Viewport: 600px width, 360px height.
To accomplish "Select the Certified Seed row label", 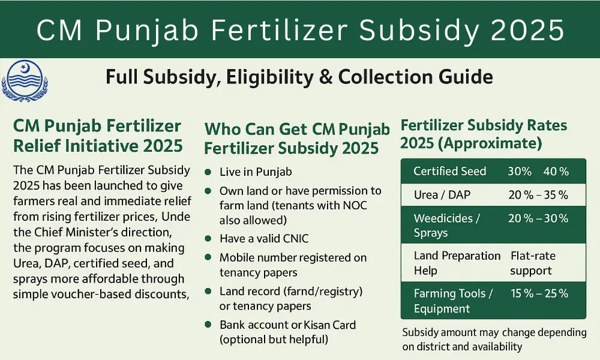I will coord(449,172).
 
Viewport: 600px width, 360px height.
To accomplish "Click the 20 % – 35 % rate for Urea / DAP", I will coord(538,195).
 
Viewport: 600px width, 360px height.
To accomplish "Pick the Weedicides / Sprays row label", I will coord(446,226).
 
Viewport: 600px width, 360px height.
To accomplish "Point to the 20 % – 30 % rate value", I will coord(538,218).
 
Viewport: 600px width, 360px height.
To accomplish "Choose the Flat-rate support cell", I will coord(533,263).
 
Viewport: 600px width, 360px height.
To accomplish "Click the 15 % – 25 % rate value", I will coord(538,293).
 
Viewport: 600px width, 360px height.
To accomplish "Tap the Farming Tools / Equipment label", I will coord(453,301).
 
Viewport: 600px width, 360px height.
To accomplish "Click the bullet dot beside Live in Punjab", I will coord(208,172).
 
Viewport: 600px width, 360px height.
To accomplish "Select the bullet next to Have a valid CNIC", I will coord(208,239).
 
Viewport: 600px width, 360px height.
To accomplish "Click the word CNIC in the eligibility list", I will coord(293,239).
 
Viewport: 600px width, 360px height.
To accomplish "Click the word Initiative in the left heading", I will coord(113,145).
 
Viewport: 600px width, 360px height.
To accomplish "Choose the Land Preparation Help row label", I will coord(457,263).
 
